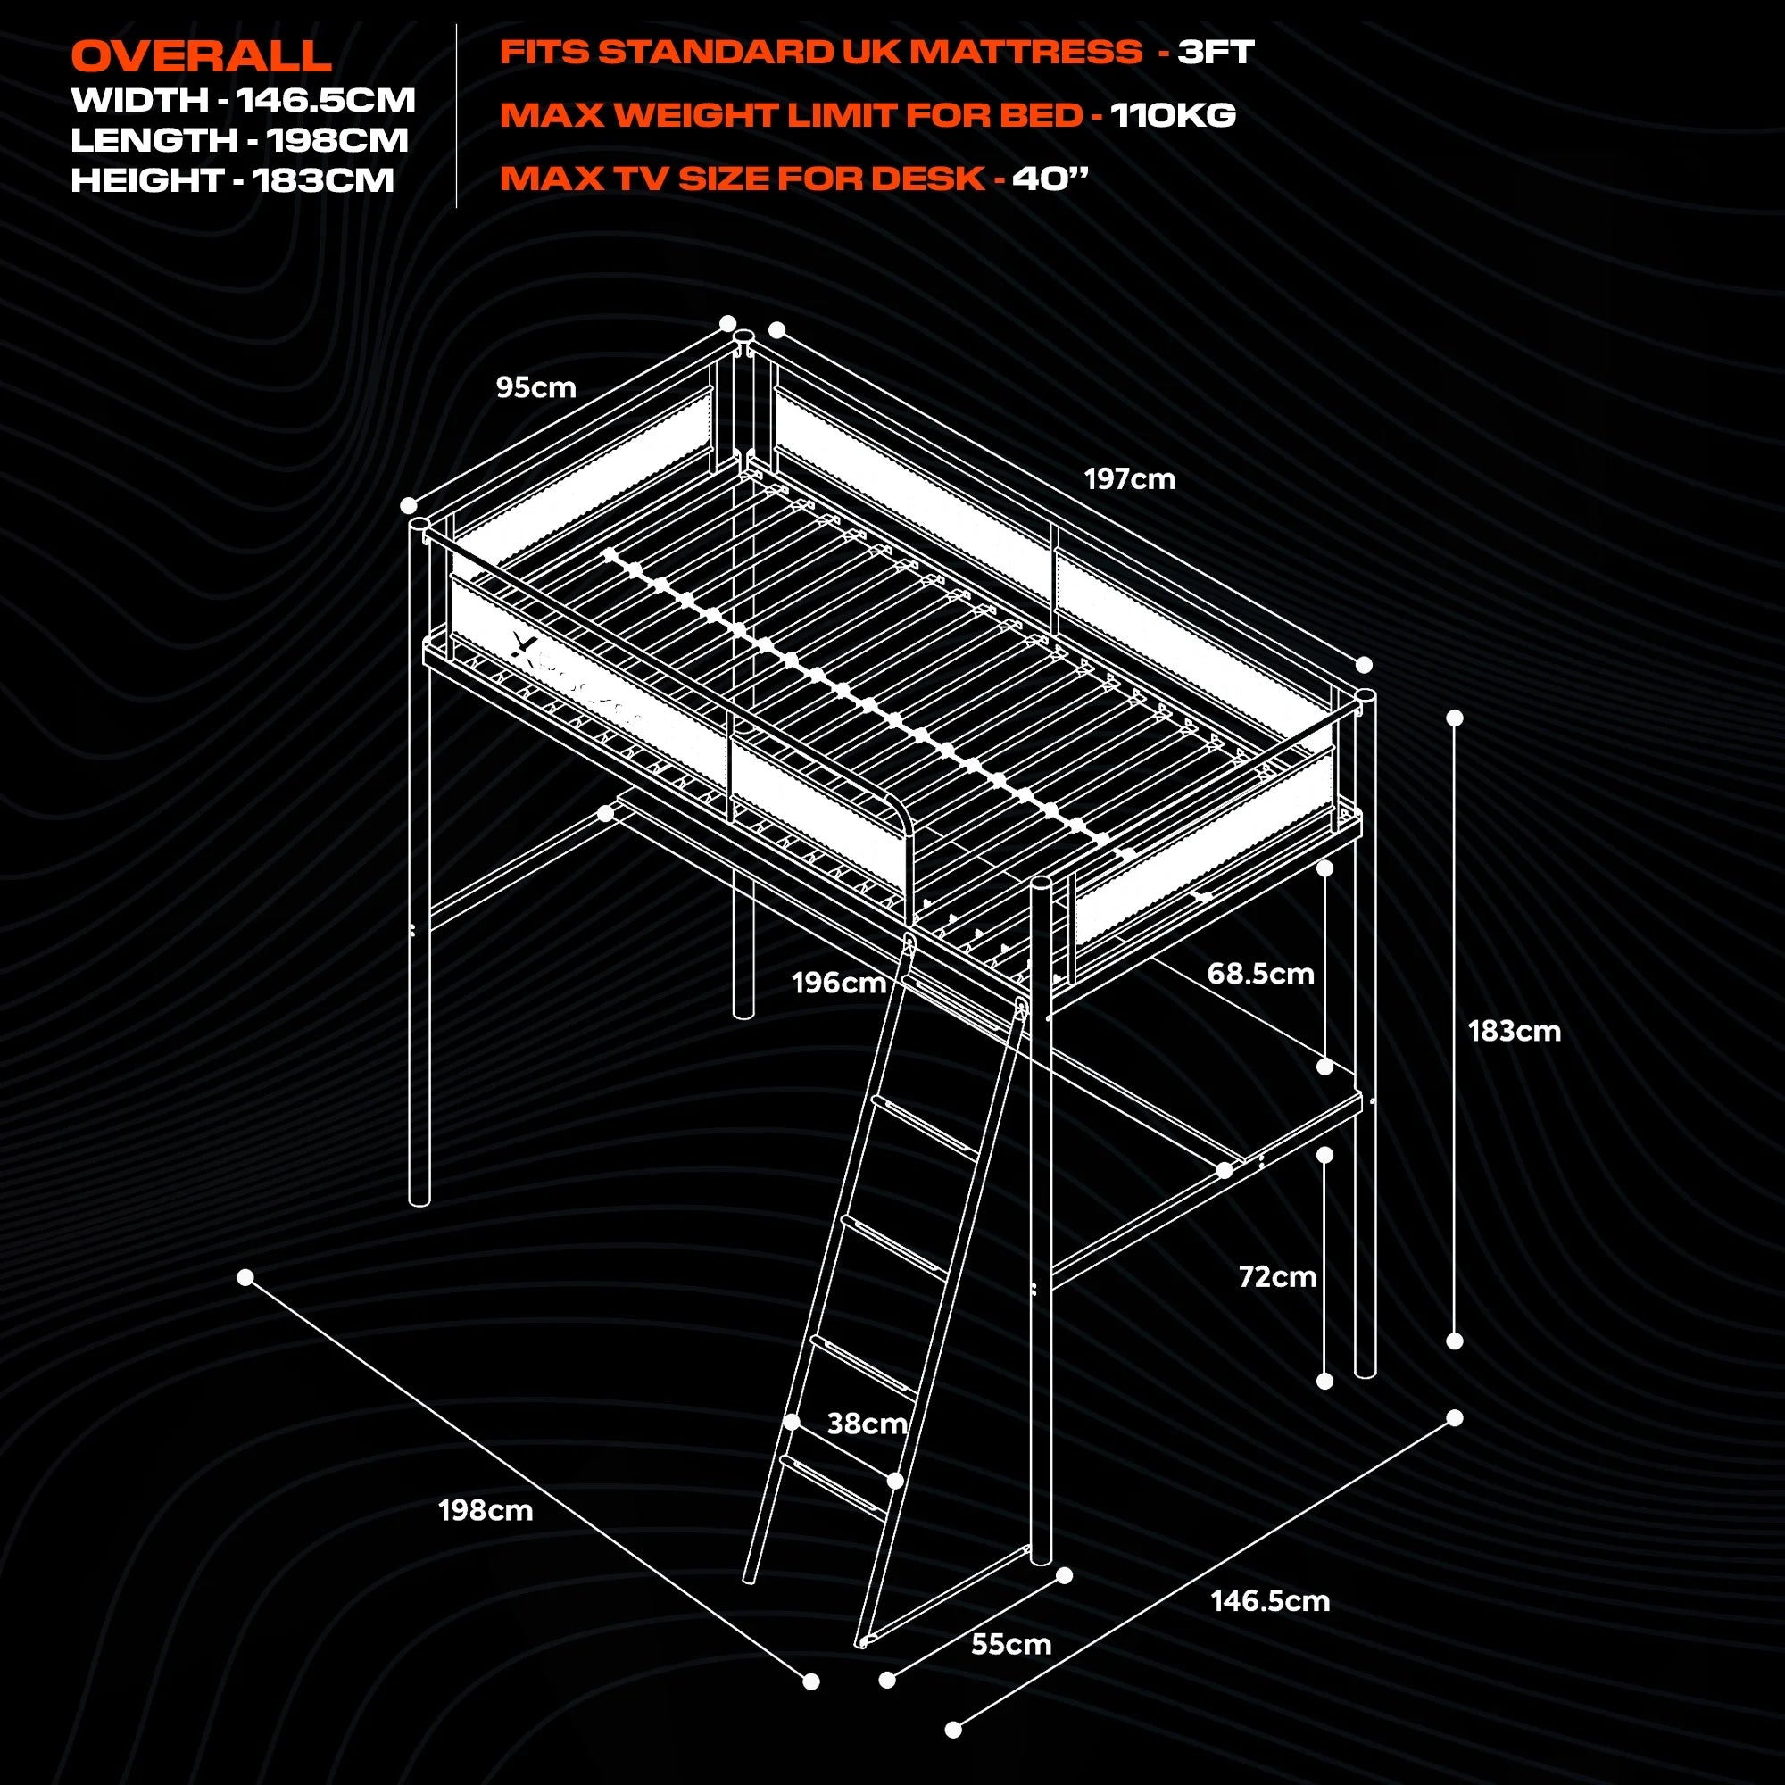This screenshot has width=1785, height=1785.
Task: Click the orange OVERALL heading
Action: click(201, 56)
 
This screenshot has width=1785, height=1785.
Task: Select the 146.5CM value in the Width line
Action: click(325, 100)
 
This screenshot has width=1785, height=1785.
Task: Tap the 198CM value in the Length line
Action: click(337, 140)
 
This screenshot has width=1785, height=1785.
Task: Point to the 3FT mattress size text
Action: click(1215, 52)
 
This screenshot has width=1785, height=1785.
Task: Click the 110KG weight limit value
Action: click(1173, 115)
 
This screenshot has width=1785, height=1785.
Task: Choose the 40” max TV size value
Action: click(1050, 178)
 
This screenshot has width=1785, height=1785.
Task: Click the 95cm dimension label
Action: click(535, 387)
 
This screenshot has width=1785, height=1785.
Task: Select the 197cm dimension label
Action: click(1129, 478)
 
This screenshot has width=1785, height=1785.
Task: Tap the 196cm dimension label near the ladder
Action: click(839, 982)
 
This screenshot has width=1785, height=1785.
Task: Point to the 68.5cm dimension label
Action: click(1260, 973)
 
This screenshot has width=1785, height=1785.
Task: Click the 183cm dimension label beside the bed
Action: click(1515, 1031)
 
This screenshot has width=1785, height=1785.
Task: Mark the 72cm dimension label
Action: click(1277, 1277)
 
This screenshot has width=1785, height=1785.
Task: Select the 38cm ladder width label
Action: click(867, 1424)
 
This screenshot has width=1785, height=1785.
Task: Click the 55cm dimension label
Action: click(1011, 1645)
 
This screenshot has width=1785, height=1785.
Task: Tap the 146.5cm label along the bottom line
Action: click(1270, 1601)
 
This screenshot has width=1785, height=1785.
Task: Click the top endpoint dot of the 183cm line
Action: click(1454, 718)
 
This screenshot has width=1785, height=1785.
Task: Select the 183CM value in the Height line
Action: click(323, 180)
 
